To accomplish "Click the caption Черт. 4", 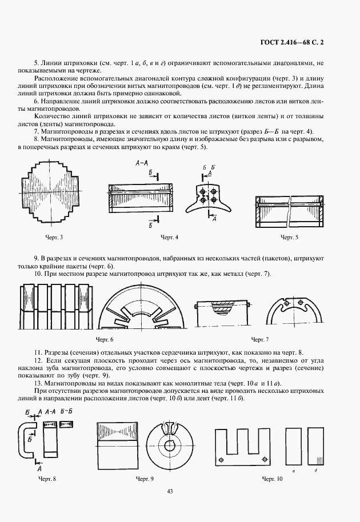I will [x=170, y=236].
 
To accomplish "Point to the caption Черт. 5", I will [x=289, y=236].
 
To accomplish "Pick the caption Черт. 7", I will [x=259, y=339].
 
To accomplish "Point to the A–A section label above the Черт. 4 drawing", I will [x=142, y=163].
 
